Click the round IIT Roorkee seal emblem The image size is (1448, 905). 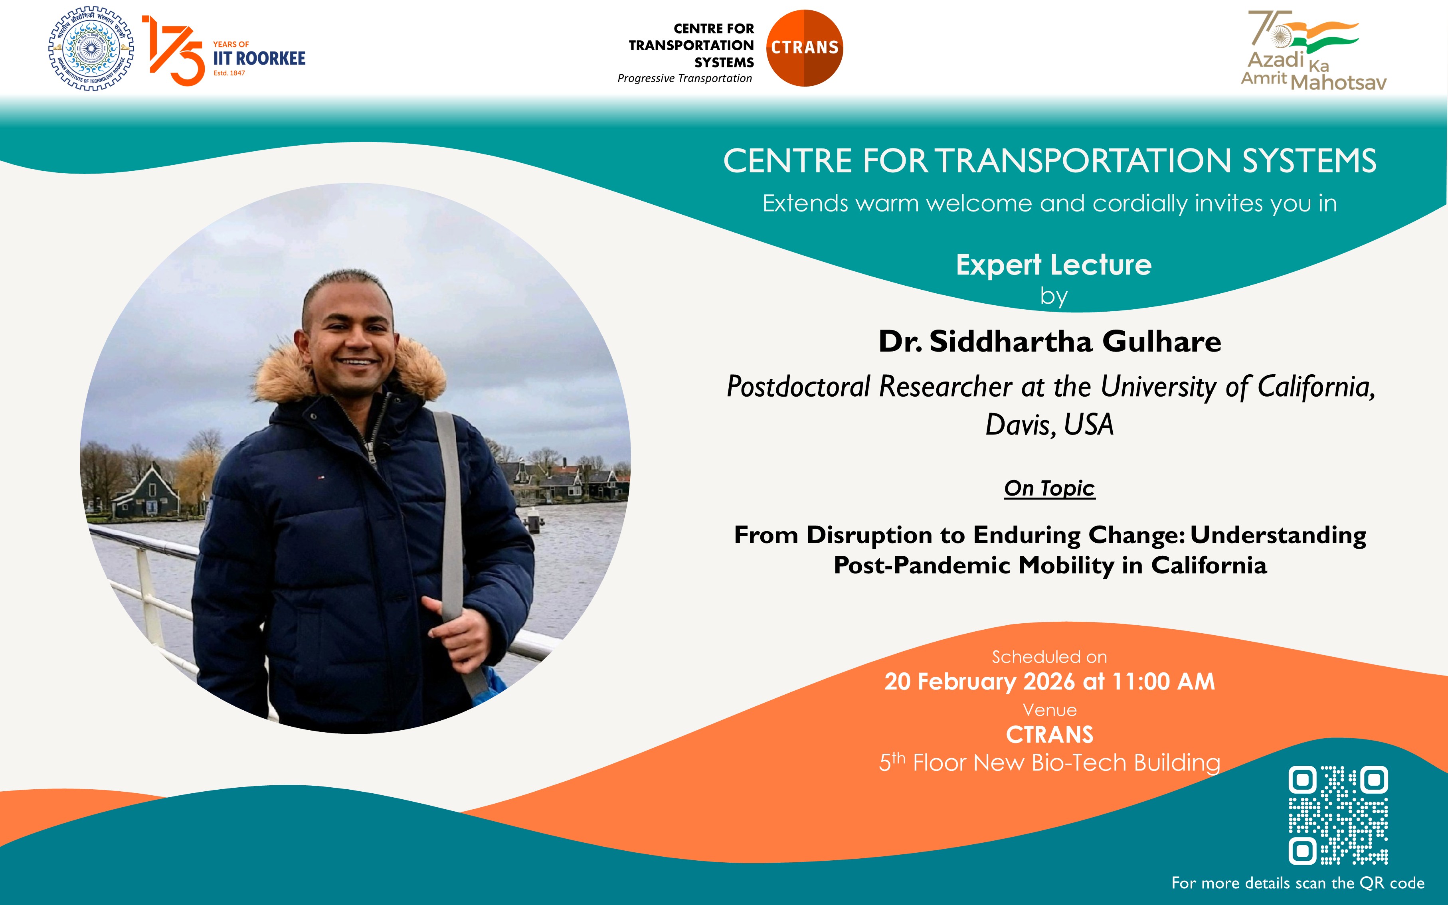91,49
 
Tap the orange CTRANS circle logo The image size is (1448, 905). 805,48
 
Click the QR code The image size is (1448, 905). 1338,815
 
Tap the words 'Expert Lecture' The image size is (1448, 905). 1054,265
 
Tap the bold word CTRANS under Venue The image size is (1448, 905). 1049,734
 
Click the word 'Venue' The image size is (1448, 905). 1049,710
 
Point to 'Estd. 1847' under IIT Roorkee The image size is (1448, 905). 229,73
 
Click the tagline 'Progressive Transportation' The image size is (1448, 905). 684,78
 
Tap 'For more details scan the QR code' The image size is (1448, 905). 1298,883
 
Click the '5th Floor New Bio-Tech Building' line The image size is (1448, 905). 1049,762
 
